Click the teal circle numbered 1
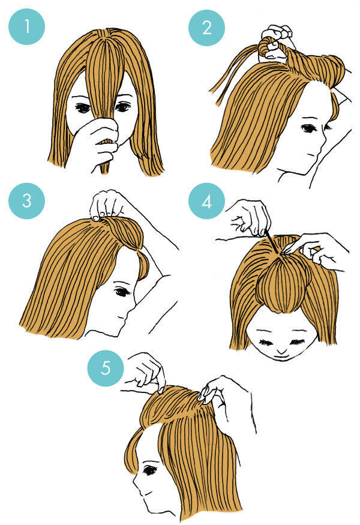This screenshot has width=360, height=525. pos(26,26)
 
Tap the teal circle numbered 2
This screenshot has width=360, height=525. pos(206,28)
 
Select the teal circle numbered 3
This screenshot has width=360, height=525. pos(26,201)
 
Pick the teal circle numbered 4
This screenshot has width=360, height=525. pos(206,201)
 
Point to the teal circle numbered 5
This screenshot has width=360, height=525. pos(106,368)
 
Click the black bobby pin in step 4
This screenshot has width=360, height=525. pos(272,242)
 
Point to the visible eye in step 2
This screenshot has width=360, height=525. pos(307,128)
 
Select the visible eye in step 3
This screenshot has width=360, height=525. pos(122,292)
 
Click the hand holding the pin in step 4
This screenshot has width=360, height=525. pos(250,218)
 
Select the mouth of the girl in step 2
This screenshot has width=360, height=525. pos(312,155)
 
